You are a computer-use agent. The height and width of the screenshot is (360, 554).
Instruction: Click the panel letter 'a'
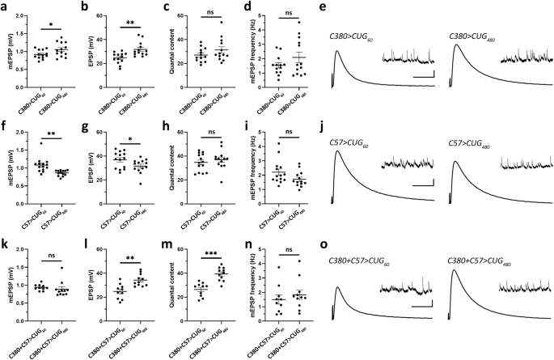pos(4,7)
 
